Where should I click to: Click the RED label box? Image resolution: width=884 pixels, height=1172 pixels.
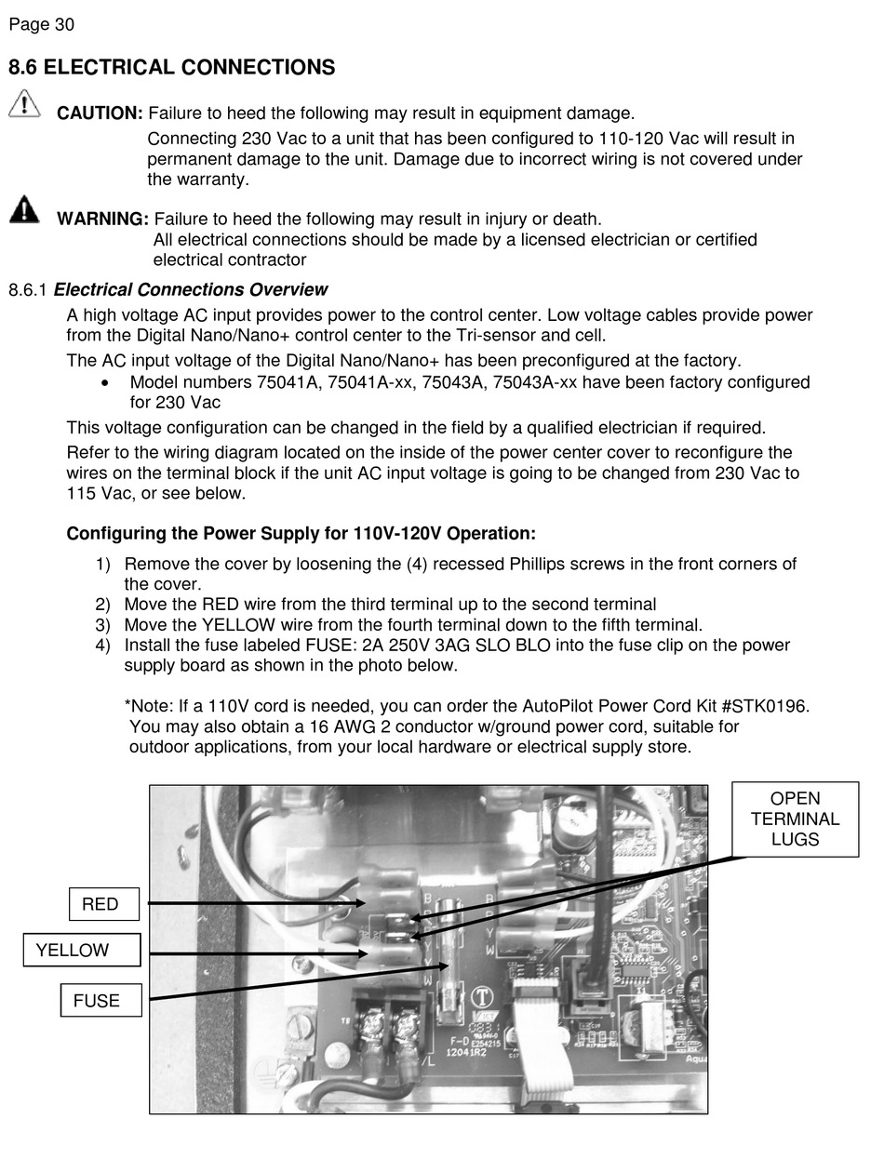point(104,904)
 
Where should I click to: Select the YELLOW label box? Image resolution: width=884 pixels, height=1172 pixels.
point(82,950)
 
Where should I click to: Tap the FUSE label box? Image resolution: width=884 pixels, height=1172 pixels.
point(100,1001)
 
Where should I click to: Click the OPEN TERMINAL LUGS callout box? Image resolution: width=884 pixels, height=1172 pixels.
point(795,819)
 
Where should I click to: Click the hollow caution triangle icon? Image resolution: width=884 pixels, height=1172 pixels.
point(24,103)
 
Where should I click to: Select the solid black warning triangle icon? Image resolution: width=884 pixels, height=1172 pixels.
point(24,209)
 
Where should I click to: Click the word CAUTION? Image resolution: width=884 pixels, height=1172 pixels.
point(100,113)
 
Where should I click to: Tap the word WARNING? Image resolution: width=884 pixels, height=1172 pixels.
point(102,220)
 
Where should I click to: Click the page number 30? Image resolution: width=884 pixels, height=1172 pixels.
point(64,25)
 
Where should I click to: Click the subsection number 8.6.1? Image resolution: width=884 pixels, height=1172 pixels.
point(28,290)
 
